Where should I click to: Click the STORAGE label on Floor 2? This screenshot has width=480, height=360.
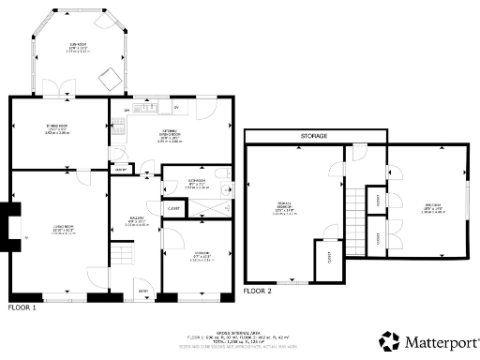point(314,137)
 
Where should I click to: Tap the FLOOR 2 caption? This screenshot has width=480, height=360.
point(257,292)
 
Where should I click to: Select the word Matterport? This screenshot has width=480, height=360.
point(440,341)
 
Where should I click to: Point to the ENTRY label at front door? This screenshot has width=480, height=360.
point(142,291)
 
